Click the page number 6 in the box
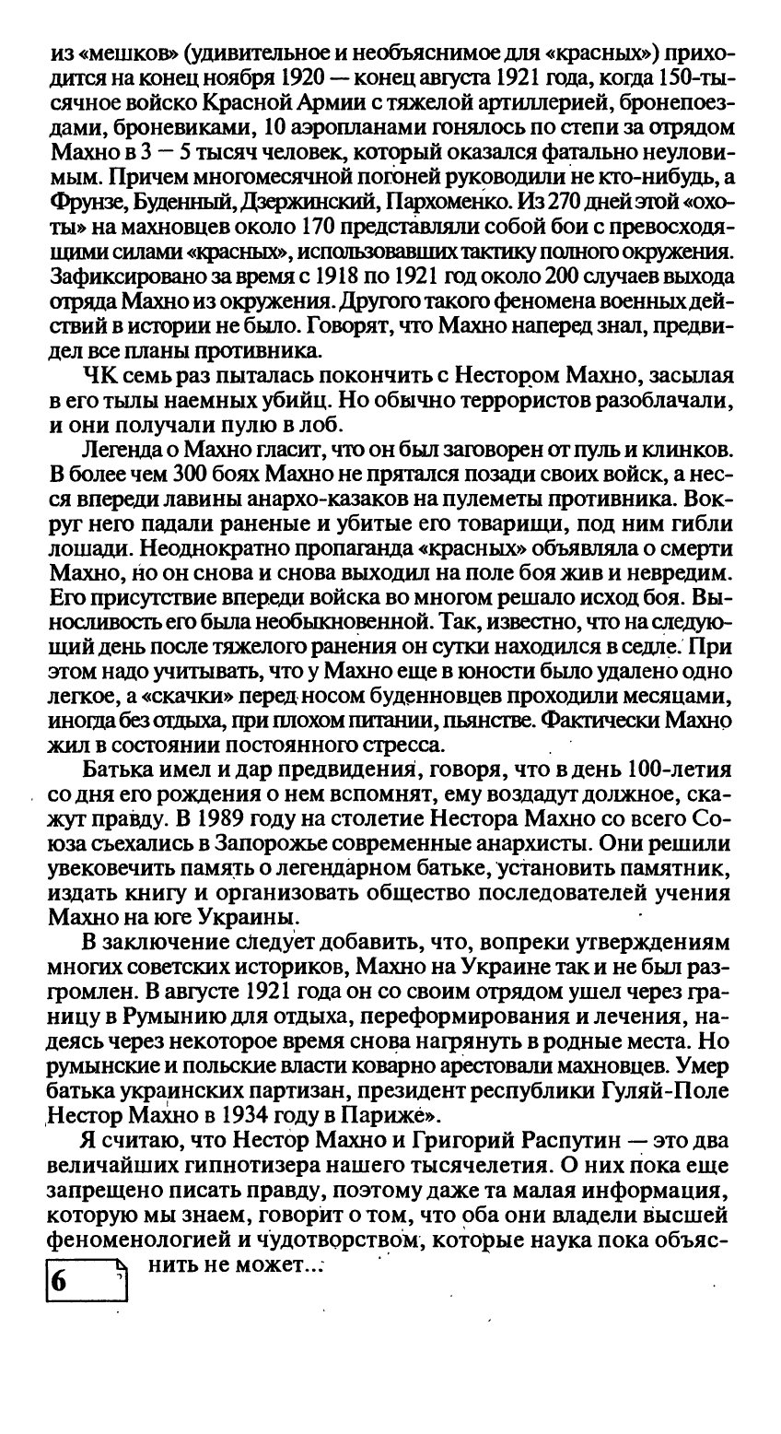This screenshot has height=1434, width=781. (x=59, y=1282)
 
